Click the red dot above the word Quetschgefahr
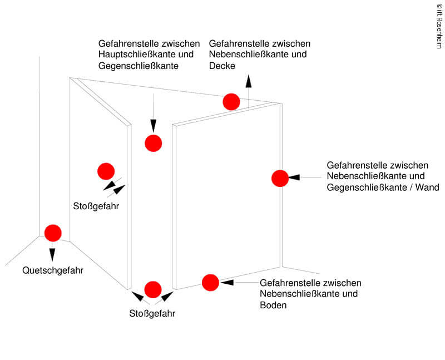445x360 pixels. coord(53,233)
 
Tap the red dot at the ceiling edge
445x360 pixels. coord(231,102)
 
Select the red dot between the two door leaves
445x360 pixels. coord(153,143)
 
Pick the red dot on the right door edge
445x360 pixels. coord(280,178)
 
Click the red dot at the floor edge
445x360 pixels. coord(210,283)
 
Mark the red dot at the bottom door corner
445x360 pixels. coord(152,289)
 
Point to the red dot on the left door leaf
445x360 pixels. coord(105,171)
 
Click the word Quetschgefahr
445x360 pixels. coord(53,271)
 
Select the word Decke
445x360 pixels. coord(222,66)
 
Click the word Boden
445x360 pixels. coord(273,305)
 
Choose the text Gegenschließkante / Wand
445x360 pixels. coord(383,188)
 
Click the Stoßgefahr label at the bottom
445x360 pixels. coord(152,313)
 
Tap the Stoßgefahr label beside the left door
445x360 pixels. coord(96,206)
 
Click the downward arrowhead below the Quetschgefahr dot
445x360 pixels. coord(52,254)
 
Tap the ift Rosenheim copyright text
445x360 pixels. coord(439,26)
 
